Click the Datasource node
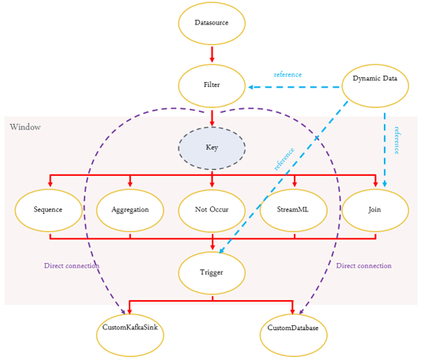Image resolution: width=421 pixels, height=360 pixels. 212,24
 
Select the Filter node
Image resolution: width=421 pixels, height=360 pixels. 212,85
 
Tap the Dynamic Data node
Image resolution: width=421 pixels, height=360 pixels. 375,85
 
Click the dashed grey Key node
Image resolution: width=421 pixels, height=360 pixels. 212,148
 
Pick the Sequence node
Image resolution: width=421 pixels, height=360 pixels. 48,211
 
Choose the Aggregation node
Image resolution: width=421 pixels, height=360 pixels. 130,211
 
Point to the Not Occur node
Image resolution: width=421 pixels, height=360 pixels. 212,211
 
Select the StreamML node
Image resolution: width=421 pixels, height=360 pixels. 294,211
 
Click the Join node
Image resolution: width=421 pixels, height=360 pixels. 375,211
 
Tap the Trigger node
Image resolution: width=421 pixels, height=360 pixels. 212,273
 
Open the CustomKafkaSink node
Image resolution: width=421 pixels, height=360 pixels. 130,336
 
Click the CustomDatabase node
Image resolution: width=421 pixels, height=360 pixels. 294,336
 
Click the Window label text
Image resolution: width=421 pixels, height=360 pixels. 25,127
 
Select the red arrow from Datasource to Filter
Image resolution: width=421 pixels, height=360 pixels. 212,54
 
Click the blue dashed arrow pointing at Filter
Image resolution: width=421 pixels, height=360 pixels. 294,88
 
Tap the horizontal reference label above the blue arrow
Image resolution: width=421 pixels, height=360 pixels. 288,75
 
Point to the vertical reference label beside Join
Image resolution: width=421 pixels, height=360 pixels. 397,141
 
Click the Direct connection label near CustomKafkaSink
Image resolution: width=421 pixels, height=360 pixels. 72,266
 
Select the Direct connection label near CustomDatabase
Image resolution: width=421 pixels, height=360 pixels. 364,266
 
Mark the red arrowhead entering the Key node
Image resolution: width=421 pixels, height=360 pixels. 212,123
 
